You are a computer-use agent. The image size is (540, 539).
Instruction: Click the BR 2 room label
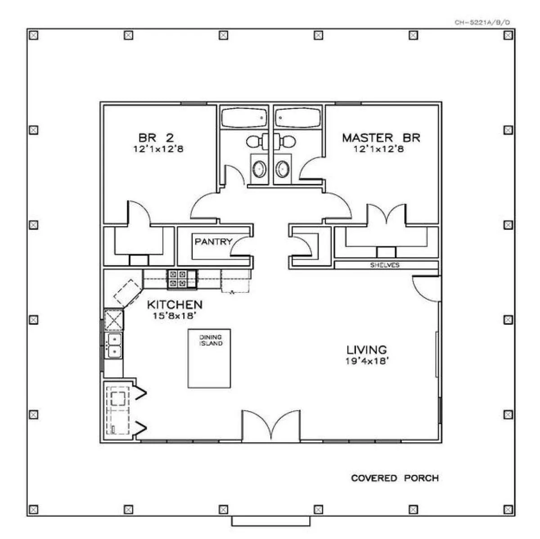156,138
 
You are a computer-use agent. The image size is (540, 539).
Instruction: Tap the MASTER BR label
381,138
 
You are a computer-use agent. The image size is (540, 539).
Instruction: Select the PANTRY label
214,241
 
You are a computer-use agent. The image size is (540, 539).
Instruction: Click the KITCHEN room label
175,305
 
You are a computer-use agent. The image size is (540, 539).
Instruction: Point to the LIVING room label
367,350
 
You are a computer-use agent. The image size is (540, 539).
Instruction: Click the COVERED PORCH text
395,478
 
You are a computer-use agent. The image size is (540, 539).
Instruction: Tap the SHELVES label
385,265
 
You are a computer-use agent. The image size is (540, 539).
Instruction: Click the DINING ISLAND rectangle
209,359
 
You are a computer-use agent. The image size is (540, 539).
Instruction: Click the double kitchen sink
113,346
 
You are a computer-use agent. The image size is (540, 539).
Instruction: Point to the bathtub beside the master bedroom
297,118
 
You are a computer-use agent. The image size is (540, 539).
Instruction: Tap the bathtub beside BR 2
244,118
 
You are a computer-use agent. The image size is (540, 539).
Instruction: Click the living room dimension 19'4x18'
367,361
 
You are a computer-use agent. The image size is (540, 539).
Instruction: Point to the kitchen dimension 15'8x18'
174,316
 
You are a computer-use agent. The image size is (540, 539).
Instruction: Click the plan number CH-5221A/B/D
482,22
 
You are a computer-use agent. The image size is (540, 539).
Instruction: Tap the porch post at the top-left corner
34,35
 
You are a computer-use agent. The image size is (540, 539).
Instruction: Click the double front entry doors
271,426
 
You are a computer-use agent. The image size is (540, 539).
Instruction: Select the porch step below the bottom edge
271,521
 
